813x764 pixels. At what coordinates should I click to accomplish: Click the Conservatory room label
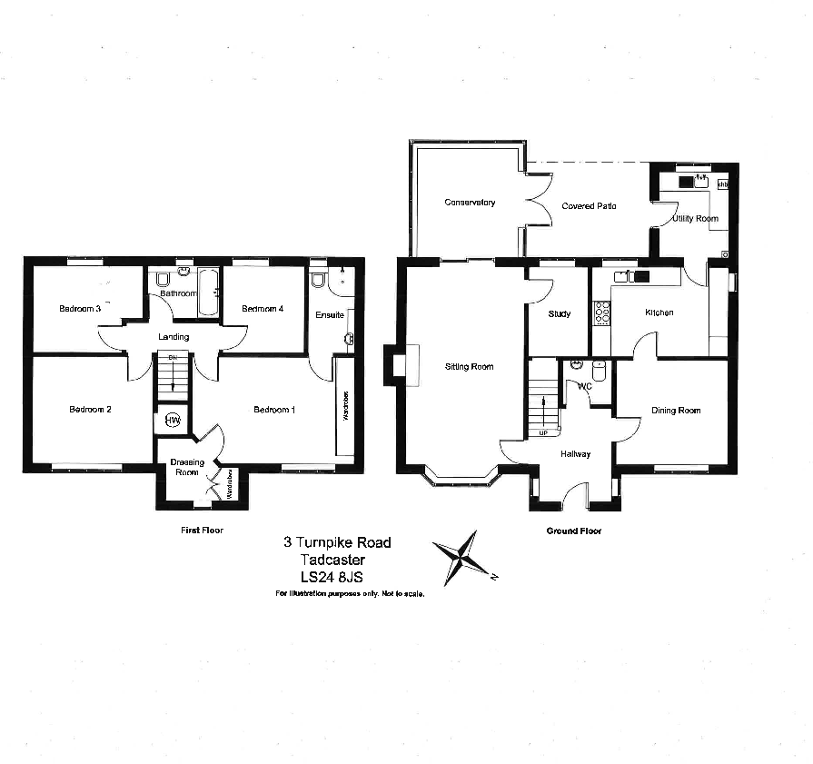(470, 203)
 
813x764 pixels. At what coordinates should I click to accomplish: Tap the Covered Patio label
(589, 206)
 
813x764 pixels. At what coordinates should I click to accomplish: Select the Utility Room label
(695, 219)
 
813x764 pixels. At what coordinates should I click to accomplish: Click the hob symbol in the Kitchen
(601, 313)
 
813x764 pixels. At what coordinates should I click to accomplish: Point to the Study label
(560, 314)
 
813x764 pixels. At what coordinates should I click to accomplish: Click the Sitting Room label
(469, 367)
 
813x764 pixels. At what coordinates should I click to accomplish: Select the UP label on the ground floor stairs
(543, 432)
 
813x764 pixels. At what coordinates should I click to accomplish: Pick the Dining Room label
(676, 411)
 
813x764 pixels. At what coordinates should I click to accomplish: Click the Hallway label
(576, 454)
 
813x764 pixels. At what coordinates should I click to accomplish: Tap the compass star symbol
(464, 558)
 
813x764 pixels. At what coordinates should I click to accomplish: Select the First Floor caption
(202, 530)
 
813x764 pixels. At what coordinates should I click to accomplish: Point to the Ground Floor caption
(573, 531)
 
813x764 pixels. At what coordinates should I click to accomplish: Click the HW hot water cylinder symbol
(173, 421)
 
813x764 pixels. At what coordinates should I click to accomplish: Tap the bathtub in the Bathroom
(207, 292)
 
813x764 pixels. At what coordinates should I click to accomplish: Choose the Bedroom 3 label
(80, 309)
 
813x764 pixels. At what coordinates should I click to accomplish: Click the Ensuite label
(329, 315)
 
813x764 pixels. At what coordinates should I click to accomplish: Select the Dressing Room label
(187, 467)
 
